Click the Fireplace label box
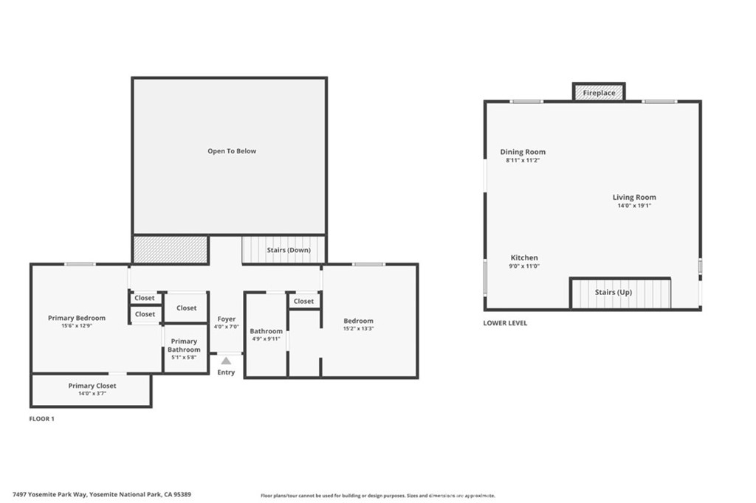[x=599, y=93]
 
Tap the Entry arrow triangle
[x=226, y=361]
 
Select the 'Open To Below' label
[x=232, y=151]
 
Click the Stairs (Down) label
[x=289, y=250]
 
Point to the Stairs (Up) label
[x=614, y=293]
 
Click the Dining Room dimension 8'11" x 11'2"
[x=523, y=160]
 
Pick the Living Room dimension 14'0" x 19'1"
[x=634, y=206]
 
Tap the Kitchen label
[x=524, y=257]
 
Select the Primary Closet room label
[x=92, y=386]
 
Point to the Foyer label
[x=226, y=319]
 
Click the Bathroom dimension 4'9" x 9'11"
[x=266, y=339]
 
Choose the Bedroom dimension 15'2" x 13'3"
[x=358, y=328]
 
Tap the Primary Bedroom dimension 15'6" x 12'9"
[x=77, y=325]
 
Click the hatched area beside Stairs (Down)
[x=171, y=249]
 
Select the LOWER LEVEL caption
[x=505, y=323]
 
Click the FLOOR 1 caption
[x=41, y=419]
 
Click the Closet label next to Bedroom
[x=303, y=301]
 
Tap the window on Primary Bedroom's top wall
[x=79, y=264]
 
